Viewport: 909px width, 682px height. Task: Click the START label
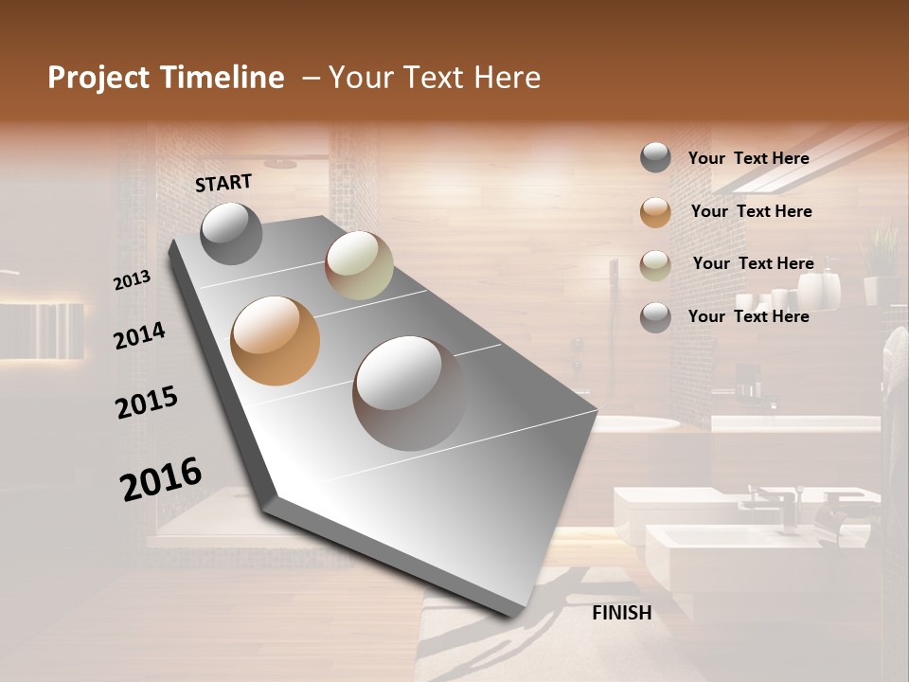[x=223, y=183]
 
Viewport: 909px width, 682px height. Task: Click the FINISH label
[x=622, y=613]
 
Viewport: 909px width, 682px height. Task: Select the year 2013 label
[x=133, y=280]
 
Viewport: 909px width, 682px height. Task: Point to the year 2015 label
[x=147, y=402]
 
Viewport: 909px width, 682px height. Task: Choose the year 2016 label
[x=161, y=478]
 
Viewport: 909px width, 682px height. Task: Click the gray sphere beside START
[x=231, y=233]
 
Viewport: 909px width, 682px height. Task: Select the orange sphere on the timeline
[x=275, y=341]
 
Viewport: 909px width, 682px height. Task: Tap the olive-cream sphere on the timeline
[x=359, y=265]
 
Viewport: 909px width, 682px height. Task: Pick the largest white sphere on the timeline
[x=409, y=392]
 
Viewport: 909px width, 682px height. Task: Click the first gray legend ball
[x=655, y=158]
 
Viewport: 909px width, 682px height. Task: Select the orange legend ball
[x=655, y=211]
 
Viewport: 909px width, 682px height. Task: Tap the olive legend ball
[x=655, y=264]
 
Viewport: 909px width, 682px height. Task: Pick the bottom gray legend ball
[x=655, y=316]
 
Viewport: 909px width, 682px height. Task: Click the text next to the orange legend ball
[x=751, y=211]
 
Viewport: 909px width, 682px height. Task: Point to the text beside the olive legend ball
[x=753, y=263]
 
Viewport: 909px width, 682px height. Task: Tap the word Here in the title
[x=507, y=78]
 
